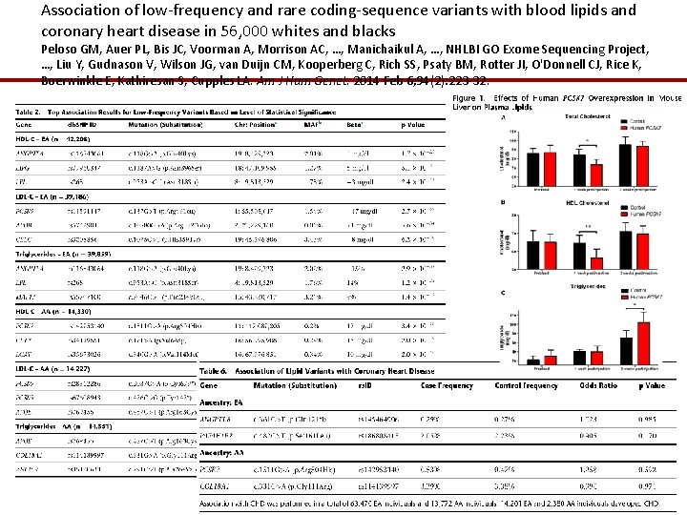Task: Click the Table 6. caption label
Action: (x=214, y=371)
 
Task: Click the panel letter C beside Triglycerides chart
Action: (x=503, y=293)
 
